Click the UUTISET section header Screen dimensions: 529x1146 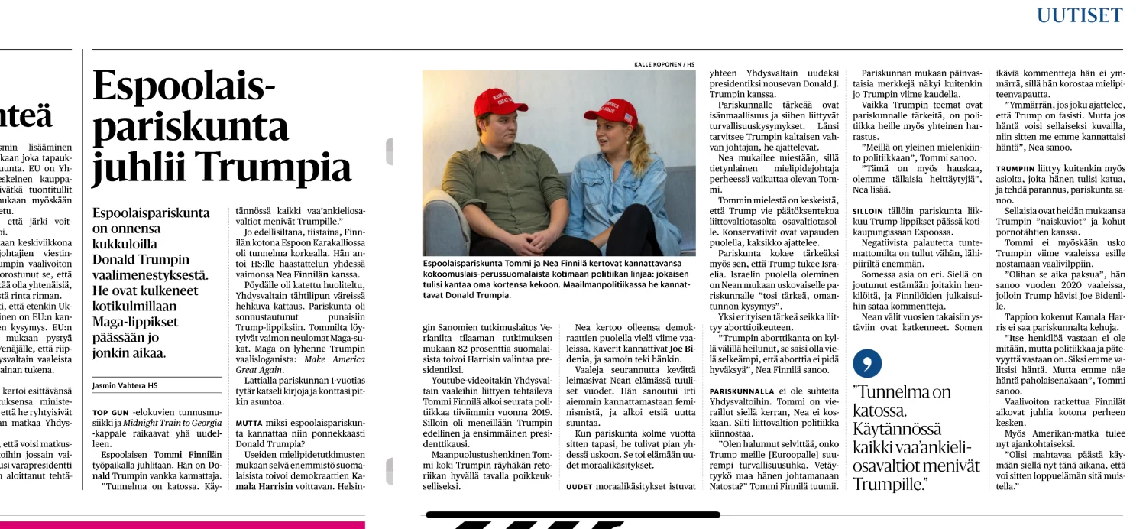1080,15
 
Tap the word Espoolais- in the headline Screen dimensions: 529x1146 183,86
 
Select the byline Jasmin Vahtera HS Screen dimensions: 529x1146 125,385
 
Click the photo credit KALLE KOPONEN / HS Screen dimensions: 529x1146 664,64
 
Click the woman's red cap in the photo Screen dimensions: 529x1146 611,112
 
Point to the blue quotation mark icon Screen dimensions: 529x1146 867,363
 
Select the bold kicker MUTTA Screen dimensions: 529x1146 249,423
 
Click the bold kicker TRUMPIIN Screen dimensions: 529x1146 1015,168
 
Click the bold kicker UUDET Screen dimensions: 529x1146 580,486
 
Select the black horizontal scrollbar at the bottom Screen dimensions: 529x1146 573,515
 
